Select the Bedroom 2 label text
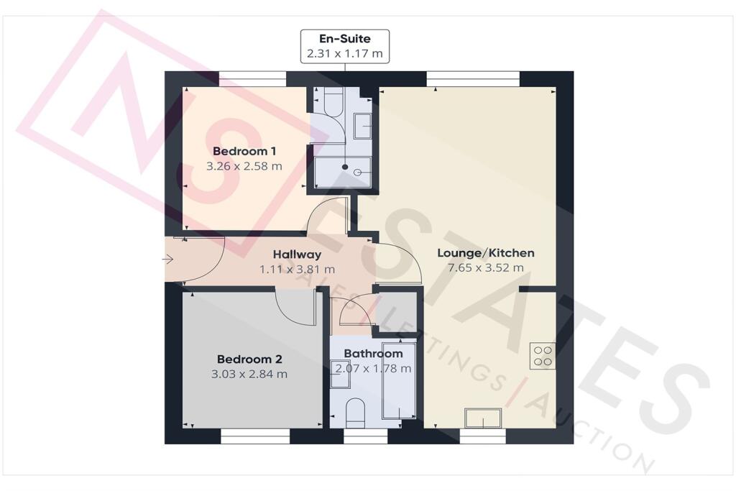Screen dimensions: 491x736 click(249, 359)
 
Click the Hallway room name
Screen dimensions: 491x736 click(297, 254)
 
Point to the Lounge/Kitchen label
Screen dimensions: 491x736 click(486, 253)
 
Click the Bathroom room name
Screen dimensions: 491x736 click(373, 354)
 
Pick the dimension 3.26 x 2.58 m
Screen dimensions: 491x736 click(244, 166)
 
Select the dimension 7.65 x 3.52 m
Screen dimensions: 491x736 click(486, 267)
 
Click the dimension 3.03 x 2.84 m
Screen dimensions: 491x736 click(249, 374)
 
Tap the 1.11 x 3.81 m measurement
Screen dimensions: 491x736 click(297, 269)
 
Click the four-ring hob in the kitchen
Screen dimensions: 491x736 click(542, 356)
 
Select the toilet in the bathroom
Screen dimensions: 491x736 click(355, 413)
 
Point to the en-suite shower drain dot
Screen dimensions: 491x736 click(345, 168)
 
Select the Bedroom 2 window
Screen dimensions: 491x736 click(254, 436)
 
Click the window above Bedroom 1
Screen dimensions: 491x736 click(247, 79)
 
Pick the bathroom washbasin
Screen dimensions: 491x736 click(341, 378)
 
